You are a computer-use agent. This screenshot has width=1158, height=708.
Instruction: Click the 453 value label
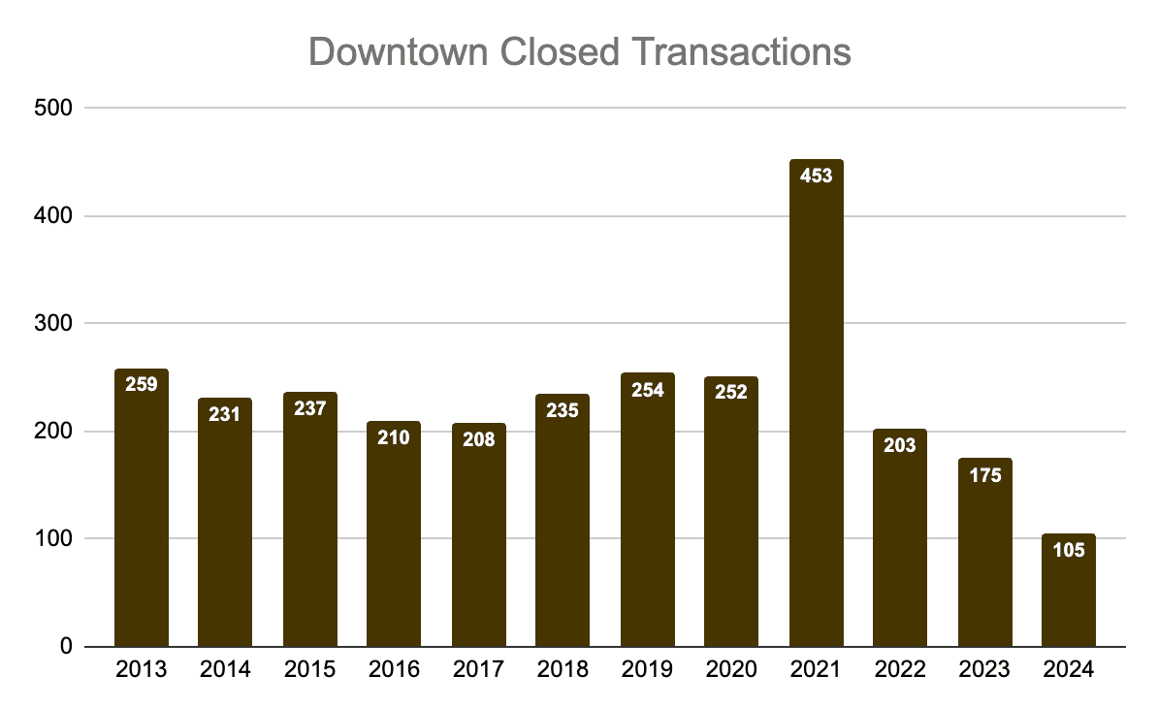click(x=816, y=177)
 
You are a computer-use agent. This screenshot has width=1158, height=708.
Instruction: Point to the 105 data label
click(x=1068, y=550)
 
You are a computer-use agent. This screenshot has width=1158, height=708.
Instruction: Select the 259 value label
click(x=142, y=384)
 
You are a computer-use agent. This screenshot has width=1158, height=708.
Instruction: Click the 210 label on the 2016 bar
click(x=394, y=437)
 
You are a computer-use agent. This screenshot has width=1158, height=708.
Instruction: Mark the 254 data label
click(x=648, y=390)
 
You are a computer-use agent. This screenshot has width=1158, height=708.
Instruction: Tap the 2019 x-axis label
click(x=648, y=670)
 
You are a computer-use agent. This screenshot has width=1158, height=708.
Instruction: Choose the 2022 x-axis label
click(x=900, y=670)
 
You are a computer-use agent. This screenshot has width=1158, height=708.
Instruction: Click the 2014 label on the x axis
click(x=225, y=670)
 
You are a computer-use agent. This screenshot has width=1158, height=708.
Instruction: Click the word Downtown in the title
click(x=398, y=52)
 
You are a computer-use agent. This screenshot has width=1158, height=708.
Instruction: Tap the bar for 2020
click(x=731, y=524)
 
